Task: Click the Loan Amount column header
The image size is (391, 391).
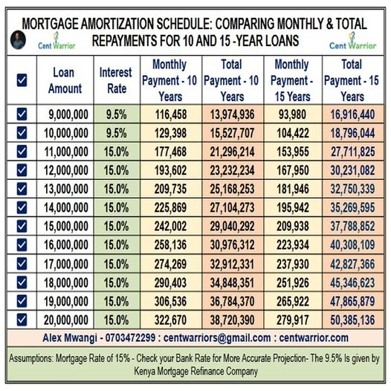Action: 65,80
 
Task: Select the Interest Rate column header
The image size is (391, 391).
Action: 116,80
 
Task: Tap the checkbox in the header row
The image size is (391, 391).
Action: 21,80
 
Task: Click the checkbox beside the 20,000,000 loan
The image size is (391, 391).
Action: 21,320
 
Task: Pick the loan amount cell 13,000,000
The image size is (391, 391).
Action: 65,188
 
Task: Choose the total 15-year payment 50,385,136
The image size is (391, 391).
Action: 352,320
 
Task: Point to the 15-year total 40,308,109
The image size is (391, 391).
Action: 352,245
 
